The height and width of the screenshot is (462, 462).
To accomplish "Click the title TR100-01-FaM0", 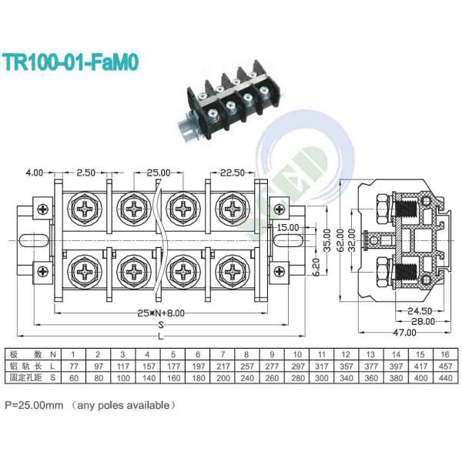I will [70, 62].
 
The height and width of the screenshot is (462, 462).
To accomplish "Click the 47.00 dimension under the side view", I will [400, 333].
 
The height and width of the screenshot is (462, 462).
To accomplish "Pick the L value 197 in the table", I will [196, 366].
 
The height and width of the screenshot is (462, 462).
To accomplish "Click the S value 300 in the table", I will [321, 379].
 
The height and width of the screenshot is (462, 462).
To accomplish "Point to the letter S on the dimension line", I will [160, 325].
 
